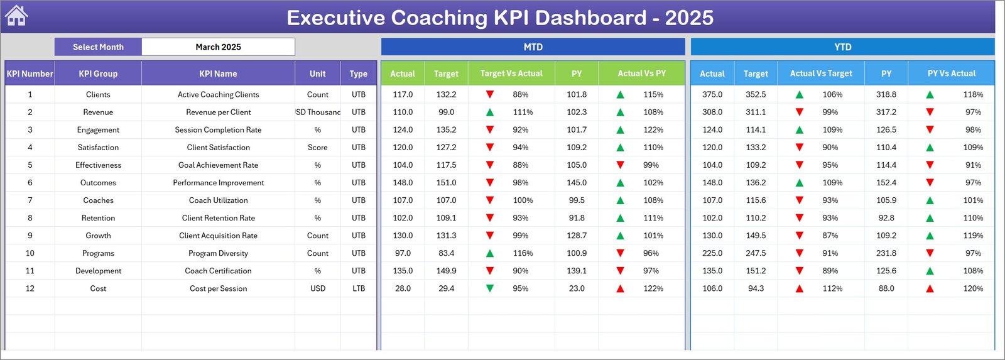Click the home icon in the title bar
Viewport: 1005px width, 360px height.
(16, 16)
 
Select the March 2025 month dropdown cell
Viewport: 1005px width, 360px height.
(218, 47)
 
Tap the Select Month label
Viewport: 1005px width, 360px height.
(98, 47)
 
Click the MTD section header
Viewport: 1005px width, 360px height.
(533, 47)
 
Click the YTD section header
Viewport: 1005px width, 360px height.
(842, 47)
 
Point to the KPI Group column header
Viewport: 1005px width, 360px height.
(98, 74)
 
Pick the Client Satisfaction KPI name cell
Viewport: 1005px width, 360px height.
(218, 148)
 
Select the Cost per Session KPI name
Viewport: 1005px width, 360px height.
(218, 288)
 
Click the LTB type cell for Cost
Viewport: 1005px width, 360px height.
(358, 288)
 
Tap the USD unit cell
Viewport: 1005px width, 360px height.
(317, 288)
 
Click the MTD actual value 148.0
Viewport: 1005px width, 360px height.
(403, 183)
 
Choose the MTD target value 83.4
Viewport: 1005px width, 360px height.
(446, 253)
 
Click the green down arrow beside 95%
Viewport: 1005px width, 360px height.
(490, 288)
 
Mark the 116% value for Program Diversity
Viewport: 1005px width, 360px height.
(523, 253)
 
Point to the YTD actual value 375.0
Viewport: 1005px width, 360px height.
(712, 94)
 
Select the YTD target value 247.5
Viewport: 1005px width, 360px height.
(756, 253)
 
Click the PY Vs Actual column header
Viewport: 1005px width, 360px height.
(951, 74)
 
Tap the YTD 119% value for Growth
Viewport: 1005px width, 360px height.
(973, 236)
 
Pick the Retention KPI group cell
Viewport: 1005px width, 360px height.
(98, 218)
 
